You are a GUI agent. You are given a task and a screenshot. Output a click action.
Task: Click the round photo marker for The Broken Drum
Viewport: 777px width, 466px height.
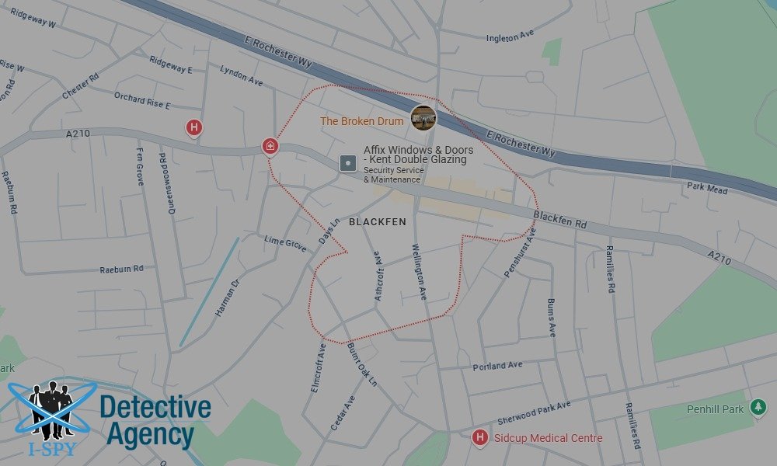pos(423,118)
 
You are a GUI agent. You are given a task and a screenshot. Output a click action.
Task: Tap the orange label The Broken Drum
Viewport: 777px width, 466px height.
pos(362,121)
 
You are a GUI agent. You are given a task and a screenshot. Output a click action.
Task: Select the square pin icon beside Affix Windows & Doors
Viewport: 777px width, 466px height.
pos(347,164)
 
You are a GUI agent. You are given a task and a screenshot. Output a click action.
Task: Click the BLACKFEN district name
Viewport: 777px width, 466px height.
pos(378,222)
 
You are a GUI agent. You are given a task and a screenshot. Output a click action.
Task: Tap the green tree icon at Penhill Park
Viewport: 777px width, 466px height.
pos(758,409)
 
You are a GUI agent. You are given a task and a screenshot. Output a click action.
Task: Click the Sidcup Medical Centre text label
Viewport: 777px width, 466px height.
pos(548,438)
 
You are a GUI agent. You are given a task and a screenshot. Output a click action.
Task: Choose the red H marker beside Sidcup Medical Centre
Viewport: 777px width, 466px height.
pos(480,437)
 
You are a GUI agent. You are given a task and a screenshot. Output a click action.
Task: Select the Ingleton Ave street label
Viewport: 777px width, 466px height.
pos(510,37)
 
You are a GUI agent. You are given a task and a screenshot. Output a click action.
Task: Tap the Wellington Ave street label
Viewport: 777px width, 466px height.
pos(419,272)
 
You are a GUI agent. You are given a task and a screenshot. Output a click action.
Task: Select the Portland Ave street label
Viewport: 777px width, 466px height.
pos(497,366)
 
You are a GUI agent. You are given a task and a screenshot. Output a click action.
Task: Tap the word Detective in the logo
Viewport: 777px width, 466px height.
pos(155,407)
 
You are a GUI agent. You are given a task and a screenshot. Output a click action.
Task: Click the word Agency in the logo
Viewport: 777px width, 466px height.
pos(150,435)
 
